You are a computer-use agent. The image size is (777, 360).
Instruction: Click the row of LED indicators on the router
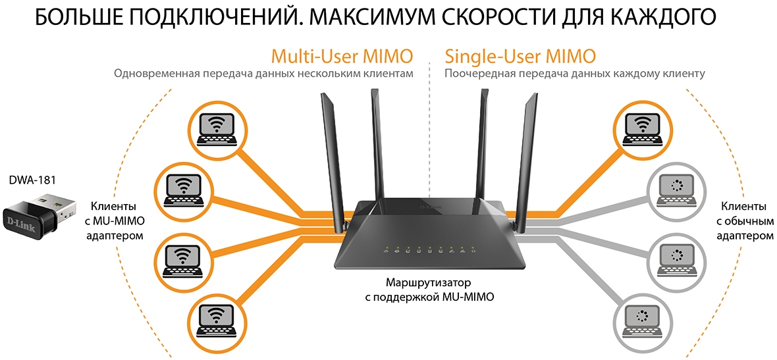point(429,250)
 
